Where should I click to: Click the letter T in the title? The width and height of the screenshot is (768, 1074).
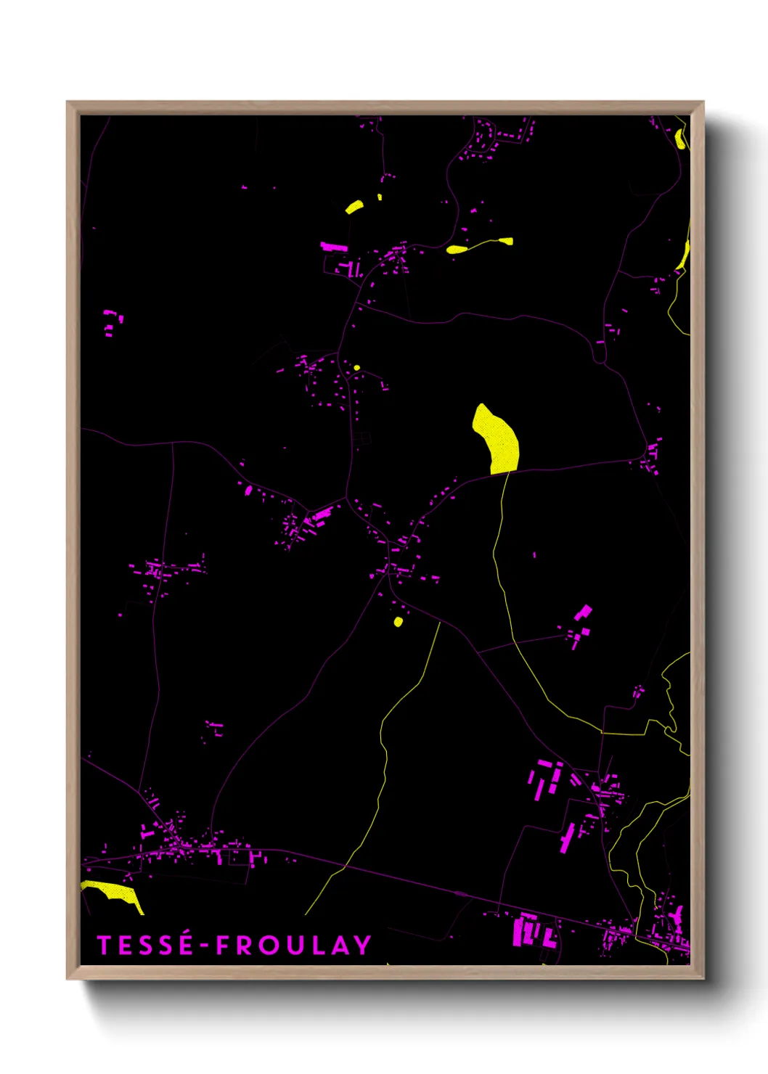click(x=105, y=945)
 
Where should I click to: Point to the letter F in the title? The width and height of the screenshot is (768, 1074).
click(x=222, y=945)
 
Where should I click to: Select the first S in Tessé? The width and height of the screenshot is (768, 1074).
click(x=144, y=945)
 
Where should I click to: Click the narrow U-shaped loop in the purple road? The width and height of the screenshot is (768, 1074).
click(x=600, y=356)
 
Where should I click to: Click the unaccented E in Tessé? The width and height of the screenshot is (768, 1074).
click(x=124, y=945)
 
